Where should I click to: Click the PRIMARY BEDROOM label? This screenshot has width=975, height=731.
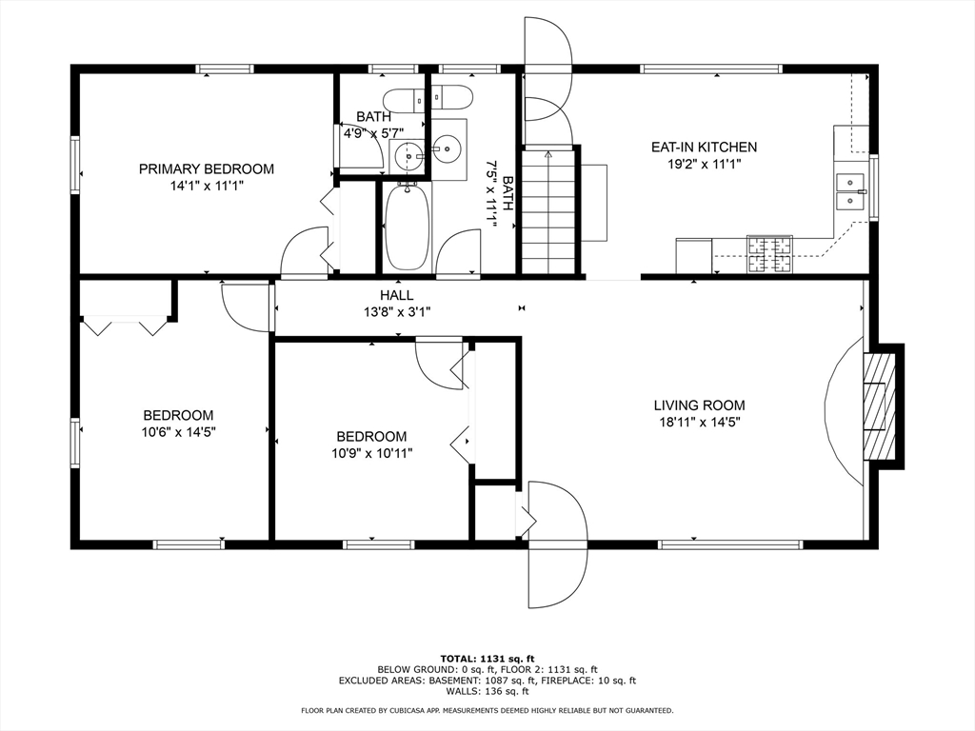click(x=207, y=169)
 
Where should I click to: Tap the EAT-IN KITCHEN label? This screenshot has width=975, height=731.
click(x=704, y=148)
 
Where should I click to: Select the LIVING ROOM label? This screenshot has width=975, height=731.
click(x=699, y=405)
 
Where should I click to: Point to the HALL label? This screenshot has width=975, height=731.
click(x=397, y=296)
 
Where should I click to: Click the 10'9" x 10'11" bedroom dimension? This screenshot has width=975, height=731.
click(x=372, y=453)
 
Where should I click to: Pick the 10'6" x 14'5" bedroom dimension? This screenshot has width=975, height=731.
click(x=178, y=432)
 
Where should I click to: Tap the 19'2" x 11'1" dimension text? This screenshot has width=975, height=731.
click(x=704, y=164)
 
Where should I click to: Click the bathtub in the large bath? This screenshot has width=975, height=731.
click(x=407, y=227)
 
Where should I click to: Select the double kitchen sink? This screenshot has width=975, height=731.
click(x=850, y=192)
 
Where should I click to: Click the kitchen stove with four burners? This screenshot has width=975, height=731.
click(x=770, y=254)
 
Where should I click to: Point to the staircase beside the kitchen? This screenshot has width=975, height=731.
click(x=547, y=211)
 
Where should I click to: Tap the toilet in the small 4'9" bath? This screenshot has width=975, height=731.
click(x=403, y=99)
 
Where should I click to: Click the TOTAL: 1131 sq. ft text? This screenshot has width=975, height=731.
click(x=487, y=659)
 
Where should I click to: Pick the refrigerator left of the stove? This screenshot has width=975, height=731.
click(x=694, y=255)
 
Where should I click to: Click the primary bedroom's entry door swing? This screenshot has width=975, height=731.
click(x=304, y=250)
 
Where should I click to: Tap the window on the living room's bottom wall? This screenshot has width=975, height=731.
click(x=730, y=544)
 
